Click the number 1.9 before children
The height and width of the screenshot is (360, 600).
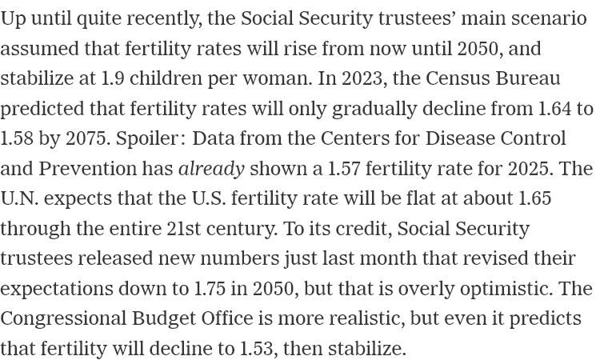point(113,78)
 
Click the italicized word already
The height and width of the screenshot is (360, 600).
point(211,170)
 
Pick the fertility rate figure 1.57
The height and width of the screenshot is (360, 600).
point(344,169)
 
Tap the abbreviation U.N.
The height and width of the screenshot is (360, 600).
point(19,198)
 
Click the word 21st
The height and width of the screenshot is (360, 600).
point(184,229)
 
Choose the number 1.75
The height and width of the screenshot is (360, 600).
point(210,289)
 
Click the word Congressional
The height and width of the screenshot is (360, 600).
point(63,319)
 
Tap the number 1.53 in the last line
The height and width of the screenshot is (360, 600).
point(257,349)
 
